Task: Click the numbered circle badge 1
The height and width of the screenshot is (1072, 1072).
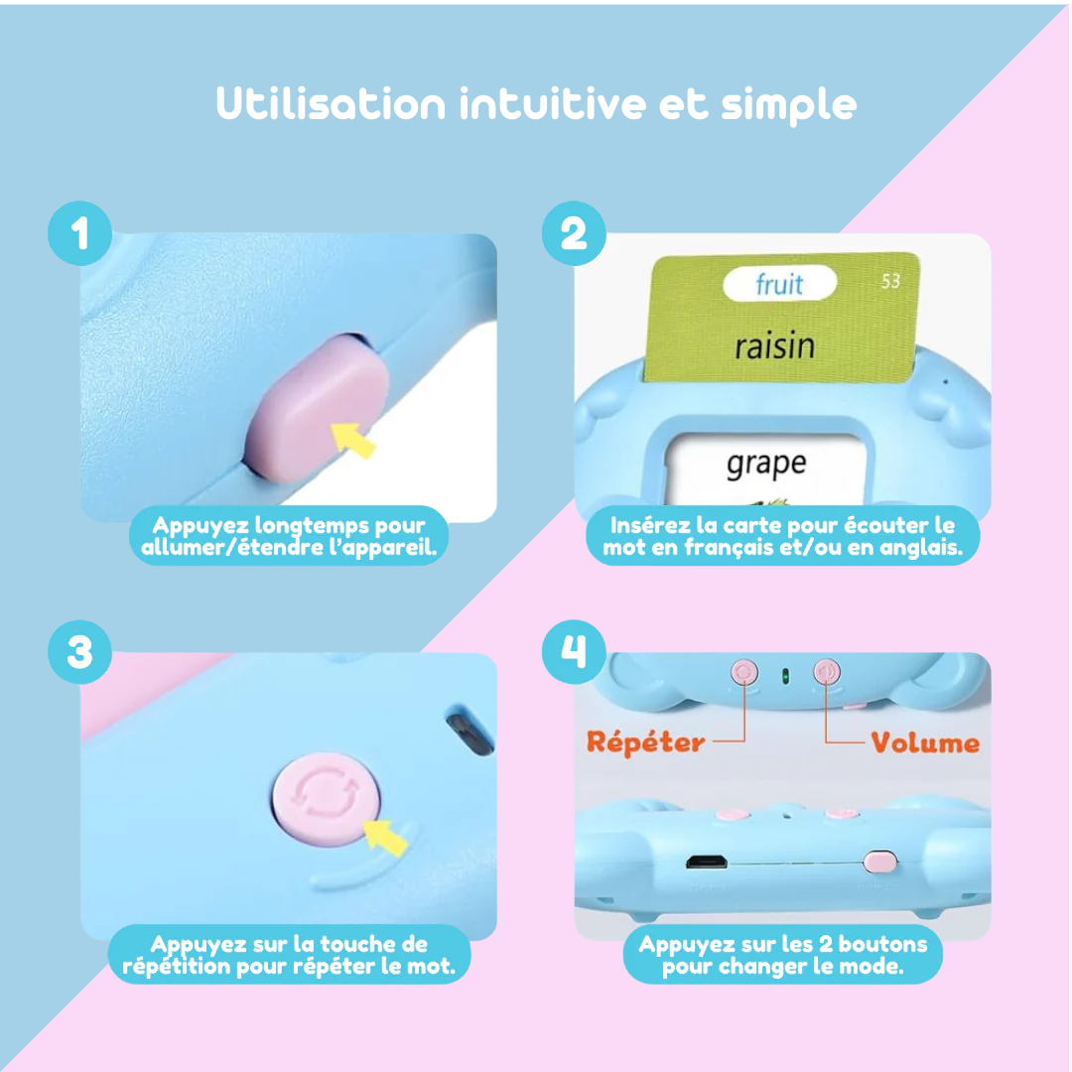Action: (80, 233)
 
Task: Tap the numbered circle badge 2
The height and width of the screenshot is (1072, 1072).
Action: (574, 233)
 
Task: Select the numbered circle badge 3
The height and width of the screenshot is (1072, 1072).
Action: (80, 652)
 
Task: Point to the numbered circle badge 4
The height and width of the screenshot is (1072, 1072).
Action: (574, 652)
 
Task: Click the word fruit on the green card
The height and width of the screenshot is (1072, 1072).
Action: (779, 284)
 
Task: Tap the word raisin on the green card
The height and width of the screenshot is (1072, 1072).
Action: (774, 346)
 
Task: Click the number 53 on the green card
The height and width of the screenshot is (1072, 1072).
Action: (890, 281)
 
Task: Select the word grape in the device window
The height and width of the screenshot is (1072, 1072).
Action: (766, 465)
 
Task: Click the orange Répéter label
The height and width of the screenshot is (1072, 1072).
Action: (645, 741)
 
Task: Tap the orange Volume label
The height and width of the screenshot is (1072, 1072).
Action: (925, 743)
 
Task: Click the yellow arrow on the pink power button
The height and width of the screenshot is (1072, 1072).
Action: (353, 441)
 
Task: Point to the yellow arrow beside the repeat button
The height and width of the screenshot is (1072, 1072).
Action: (385, 837)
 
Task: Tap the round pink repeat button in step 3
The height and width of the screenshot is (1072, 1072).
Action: (327, 798)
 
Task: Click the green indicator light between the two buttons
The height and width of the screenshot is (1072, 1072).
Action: (785, 676)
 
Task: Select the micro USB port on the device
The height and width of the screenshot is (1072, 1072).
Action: (707, 863)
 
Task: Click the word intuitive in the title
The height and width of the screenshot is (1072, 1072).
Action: (553, 104)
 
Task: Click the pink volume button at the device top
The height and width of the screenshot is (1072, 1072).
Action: (827, 672)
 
